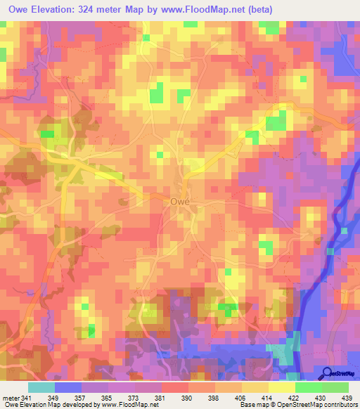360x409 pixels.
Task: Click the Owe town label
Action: [181, 201]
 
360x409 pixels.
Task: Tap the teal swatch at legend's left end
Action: [41, 387]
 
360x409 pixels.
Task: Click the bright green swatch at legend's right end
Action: [335, 387]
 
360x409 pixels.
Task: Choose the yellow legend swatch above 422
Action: [282, 387]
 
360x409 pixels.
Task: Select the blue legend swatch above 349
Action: [68, 387]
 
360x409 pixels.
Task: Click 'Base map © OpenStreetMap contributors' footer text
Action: [298, 405]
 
